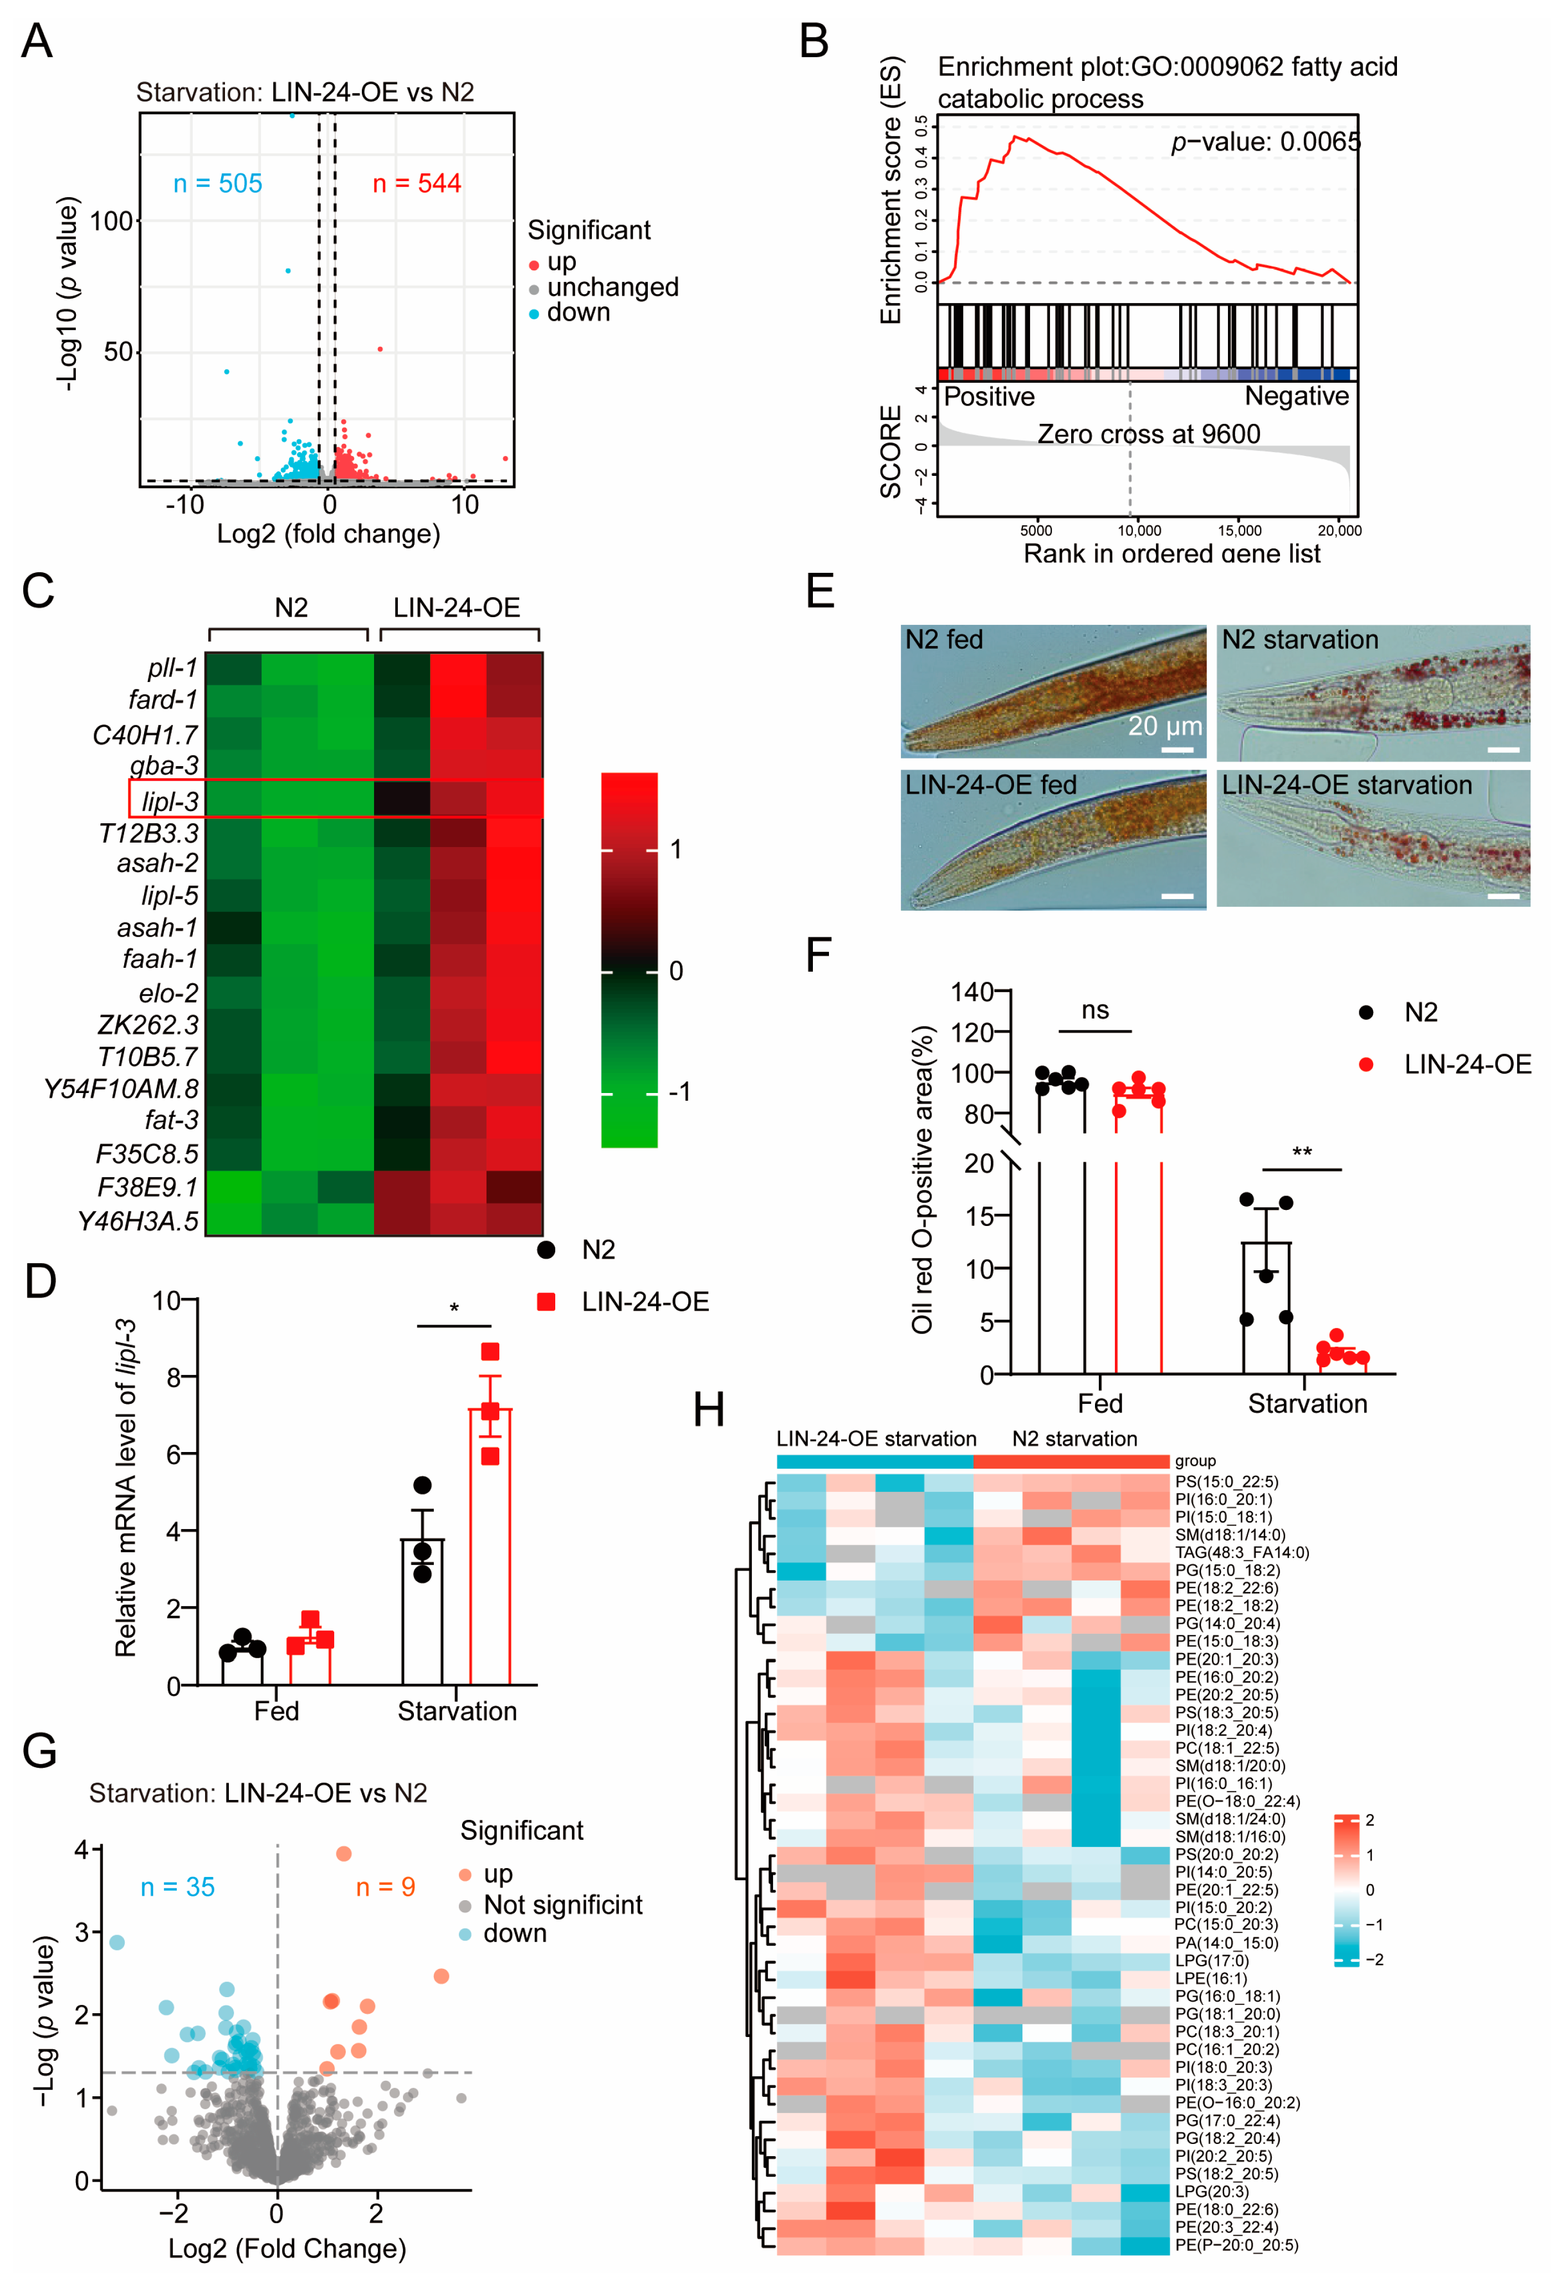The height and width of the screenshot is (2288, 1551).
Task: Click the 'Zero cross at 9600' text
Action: pyautogui.click(x=1148, y=434)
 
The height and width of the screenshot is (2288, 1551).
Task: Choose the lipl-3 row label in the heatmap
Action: pyautogui.click(x=170, y=802)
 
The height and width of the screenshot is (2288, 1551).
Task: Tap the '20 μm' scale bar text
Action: pyautogui.click(x=1165, y=727)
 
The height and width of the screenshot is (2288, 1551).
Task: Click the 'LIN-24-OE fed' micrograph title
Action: pyautogui.click(x=991, y=784)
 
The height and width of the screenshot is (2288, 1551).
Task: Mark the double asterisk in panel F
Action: pyautogui.click(x=1302, y=1152)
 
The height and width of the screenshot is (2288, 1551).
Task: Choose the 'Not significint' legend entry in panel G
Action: pyautogui.click(x=562, y=1905)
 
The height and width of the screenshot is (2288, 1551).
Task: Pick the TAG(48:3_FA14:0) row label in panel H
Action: pyautogui.click(x=1241, y=1552)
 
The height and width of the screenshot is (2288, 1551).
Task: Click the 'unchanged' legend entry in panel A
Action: pyautogui.click(x=612, y=288)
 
